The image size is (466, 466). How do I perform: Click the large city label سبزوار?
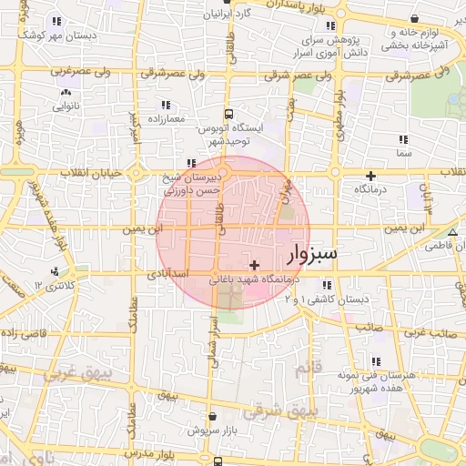pos(311,253)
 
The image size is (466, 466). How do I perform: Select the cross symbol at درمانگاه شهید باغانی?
pos(253,264)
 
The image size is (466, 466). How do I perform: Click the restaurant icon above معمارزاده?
pos(165,105)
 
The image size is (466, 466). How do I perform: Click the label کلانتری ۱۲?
pos(51,286)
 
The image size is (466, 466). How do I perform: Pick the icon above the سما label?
pos(403,139)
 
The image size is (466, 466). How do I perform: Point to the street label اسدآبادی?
pos(167,273)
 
